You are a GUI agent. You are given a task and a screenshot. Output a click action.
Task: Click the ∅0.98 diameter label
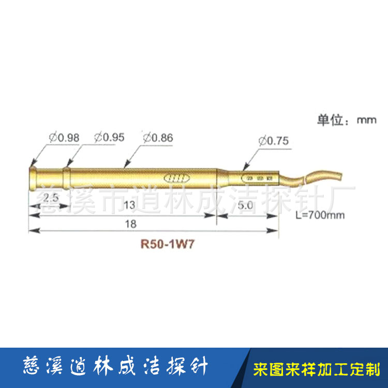(x=65, y=138)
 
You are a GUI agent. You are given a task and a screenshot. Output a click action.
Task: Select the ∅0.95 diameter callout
(x=109, y=138)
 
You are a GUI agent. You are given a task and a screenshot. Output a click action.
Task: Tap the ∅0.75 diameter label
(x=274, y=141)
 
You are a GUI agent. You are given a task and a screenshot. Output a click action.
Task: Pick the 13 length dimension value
(x=129, y=205)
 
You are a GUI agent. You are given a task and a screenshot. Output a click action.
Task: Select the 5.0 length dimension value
(x=245, y=205)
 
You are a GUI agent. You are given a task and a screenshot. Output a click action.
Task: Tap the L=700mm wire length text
(x=317, y=215)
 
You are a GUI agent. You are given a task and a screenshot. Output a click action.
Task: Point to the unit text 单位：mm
(x=346, y=121)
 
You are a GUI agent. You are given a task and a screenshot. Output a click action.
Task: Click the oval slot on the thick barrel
(x=176, y=178)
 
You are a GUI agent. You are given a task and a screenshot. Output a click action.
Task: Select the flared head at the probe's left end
(x=32, y=177)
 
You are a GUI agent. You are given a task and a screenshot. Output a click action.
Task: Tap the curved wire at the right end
(x=316, y=174)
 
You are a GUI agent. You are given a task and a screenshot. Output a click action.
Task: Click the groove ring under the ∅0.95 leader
(x=66, y=177)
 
